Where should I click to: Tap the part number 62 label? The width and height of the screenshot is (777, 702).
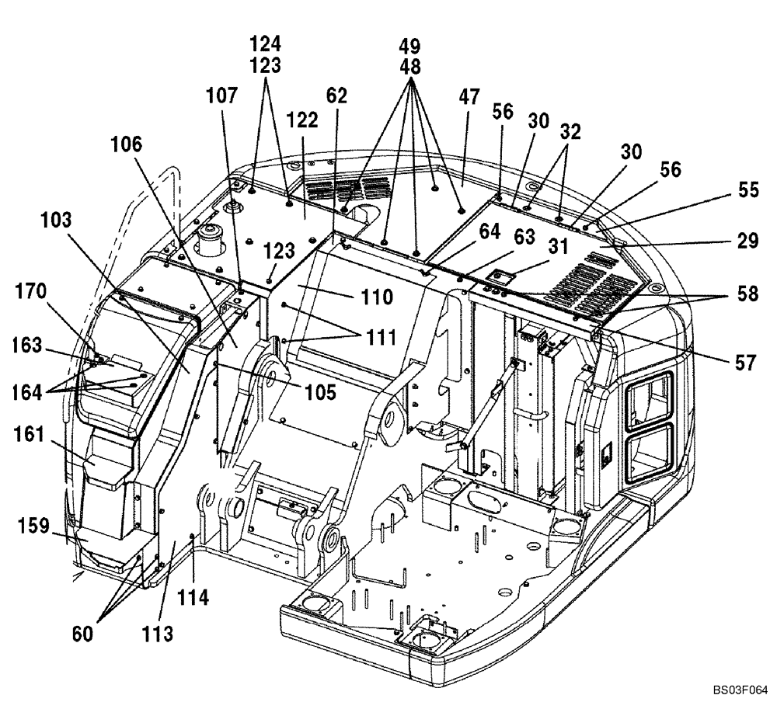pyautogui.click(x=336, y=96)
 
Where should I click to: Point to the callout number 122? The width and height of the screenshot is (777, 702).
pyautogui.click(x=301, y=120)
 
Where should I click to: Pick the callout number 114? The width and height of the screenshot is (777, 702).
pyautogui.click(x=193, y=599)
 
